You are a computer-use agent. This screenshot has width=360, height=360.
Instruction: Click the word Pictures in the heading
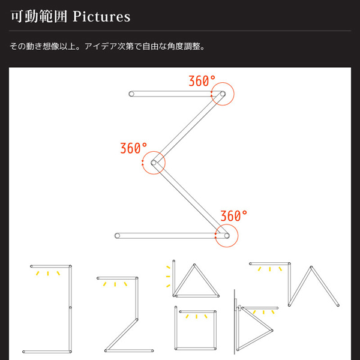(x=101, y=17)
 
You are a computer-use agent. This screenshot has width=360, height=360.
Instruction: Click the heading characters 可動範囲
(x=39, y=17)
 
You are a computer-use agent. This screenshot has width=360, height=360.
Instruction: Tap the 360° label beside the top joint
(x=202, y=81)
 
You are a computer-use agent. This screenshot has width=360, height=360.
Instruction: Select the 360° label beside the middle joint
(x=134, y=148)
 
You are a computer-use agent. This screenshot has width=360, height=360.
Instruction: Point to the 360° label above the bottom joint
(x=234, y=216)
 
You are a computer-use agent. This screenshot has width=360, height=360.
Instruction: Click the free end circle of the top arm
(x=131, y=94)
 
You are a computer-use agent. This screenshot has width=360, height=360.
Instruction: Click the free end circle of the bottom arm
(x=118, y=236)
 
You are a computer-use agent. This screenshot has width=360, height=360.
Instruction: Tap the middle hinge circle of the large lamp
(x=154, y=163)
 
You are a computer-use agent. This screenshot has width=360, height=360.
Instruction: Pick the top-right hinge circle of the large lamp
(x=223, y=94)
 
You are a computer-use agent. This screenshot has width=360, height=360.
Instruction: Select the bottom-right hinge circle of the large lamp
(x=227, y=236)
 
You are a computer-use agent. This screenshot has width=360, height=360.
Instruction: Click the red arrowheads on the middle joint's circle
(x=143, y=163)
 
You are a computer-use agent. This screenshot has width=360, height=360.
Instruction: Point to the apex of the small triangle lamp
(x=194, y=265)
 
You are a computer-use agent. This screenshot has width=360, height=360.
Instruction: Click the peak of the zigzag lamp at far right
(x=311, y=267)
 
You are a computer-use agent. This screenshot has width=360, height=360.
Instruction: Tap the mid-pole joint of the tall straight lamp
(x=70, y=307)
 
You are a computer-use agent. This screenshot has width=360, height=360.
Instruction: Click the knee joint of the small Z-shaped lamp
(x=137, y=319)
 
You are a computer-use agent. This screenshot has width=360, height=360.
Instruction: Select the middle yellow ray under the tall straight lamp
(x=48, y=273)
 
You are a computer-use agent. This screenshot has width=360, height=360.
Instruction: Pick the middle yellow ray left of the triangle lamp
(x=168, y=277)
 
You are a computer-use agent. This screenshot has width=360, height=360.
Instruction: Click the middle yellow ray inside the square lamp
(x=196, y=316)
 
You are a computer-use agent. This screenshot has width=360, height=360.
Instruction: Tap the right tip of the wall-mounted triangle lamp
(x=272, y=331)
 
